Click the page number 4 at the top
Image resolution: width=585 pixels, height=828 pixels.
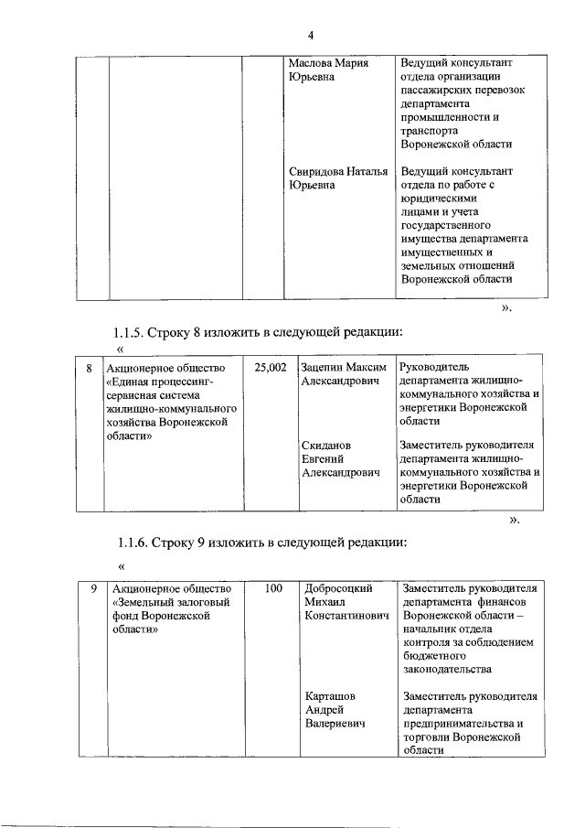point(310,36)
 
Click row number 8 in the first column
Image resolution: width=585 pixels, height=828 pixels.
point(90,368)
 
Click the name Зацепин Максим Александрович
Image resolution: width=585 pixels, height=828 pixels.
point(339,374)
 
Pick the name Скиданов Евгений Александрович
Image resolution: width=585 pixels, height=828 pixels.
point(339,460)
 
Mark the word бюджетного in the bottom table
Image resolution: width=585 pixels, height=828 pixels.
point(436,656)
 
